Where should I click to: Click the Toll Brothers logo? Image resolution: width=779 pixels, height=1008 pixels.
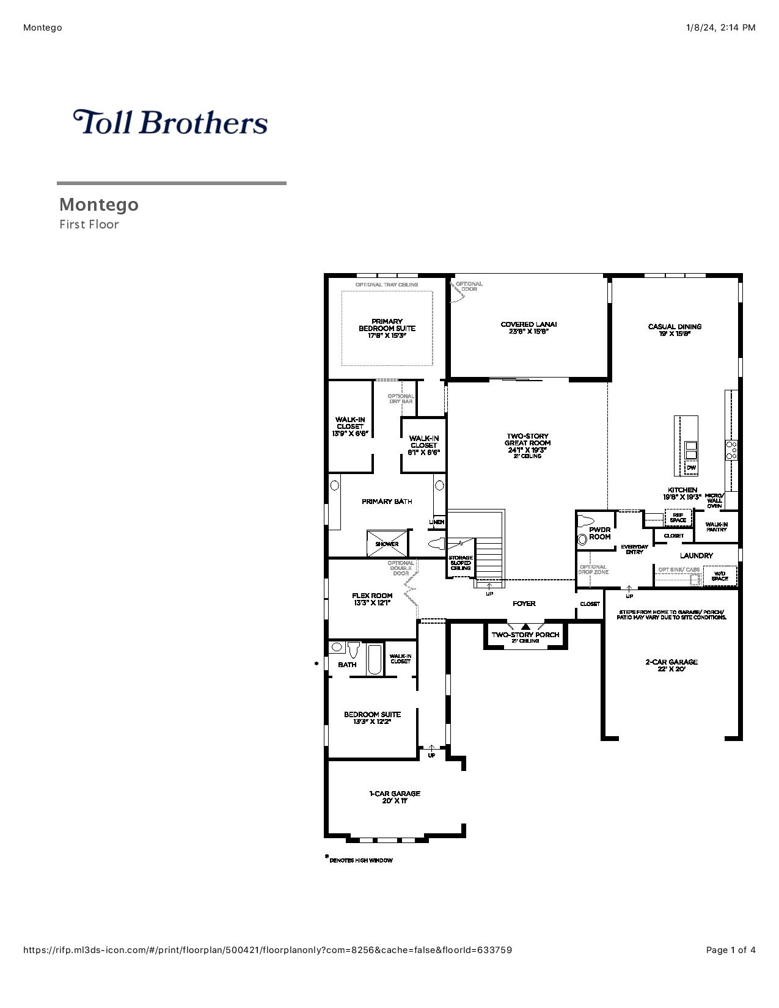170,122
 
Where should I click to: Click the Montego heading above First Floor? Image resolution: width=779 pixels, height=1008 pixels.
99,204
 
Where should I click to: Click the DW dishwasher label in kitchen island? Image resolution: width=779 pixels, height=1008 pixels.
691,468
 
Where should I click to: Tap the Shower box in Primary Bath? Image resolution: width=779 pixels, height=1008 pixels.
387,544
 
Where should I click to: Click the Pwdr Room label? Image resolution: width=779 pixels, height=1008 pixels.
599,533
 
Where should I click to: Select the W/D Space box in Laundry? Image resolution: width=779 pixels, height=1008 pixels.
720,575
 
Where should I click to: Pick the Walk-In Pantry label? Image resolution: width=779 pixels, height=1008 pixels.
716,527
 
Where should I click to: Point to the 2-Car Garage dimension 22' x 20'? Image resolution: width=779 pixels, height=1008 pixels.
671,669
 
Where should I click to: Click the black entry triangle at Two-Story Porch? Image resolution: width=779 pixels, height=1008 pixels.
526,626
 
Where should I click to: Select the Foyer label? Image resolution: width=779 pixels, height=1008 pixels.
524,604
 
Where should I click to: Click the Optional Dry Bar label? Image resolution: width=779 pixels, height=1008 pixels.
401,398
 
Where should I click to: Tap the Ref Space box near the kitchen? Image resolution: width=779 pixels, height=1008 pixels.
678,517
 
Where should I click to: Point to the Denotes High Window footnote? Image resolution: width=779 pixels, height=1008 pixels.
360,860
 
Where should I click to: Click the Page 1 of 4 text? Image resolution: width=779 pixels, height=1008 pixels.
731,950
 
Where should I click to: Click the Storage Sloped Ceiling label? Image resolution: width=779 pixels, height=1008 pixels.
461,563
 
